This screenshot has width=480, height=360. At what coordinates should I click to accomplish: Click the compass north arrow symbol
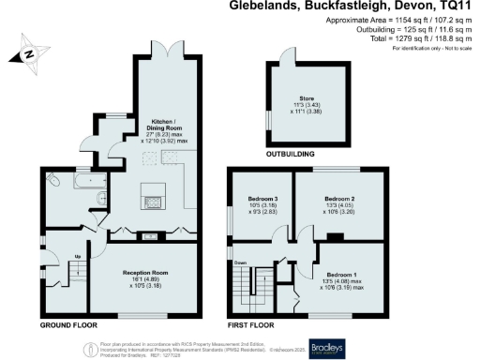(31, 53)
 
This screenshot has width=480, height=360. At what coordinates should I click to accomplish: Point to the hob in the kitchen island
(152, 198)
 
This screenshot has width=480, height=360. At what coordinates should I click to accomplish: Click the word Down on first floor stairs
(241, 262)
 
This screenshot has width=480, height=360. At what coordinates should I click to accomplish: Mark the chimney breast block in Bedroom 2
(333, 237)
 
